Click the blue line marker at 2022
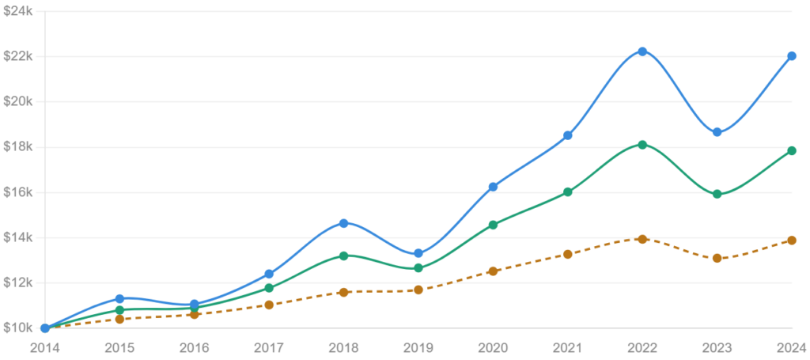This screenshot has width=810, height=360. click(x=642, y=51)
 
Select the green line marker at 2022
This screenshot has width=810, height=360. click(x=642, y=145)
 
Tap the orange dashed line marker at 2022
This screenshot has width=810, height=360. click(x=642, y=239)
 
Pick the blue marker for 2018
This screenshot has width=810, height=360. click(x=343, y=223)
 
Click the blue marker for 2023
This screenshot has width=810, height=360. click(x=717, y=132)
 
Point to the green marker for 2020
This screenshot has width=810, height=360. click(x=493, y=225)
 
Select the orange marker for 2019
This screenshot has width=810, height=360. click(x=418, y=290)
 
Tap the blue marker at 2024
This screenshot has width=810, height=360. click(x=791, y=56)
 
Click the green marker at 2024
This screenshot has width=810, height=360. click(x=791, y=150)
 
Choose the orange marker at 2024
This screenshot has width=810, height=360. click(x=791, y=240)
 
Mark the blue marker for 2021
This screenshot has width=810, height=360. click(x=568, y=135)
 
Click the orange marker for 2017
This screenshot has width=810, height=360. click(x=269, y=305)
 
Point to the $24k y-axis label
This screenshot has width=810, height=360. click(x=17, y=11)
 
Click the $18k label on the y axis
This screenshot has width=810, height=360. click(x=17, y=147)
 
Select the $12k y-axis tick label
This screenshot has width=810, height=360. click(x=17, y=282)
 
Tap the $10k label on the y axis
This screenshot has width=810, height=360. click(x=17, y=328)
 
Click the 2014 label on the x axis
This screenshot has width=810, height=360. click(x=44, y=347)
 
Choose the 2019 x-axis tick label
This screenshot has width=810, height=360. click(x=418, y=347)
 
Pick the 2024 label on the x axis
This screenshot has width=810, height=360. click(x=791, y=347)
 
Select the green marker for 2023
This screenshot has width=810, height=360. click(x=717, y=194)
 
